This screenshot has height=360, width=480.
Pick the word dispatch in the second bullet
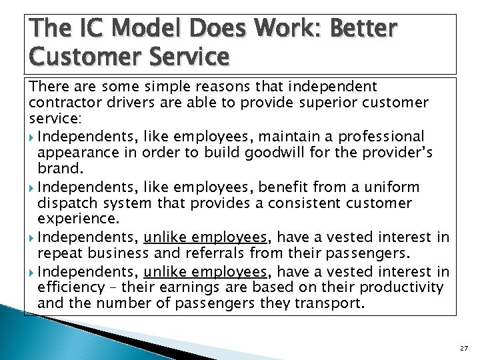coord(67,202)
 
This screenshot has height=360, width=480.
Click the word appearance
coord(74,152)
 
